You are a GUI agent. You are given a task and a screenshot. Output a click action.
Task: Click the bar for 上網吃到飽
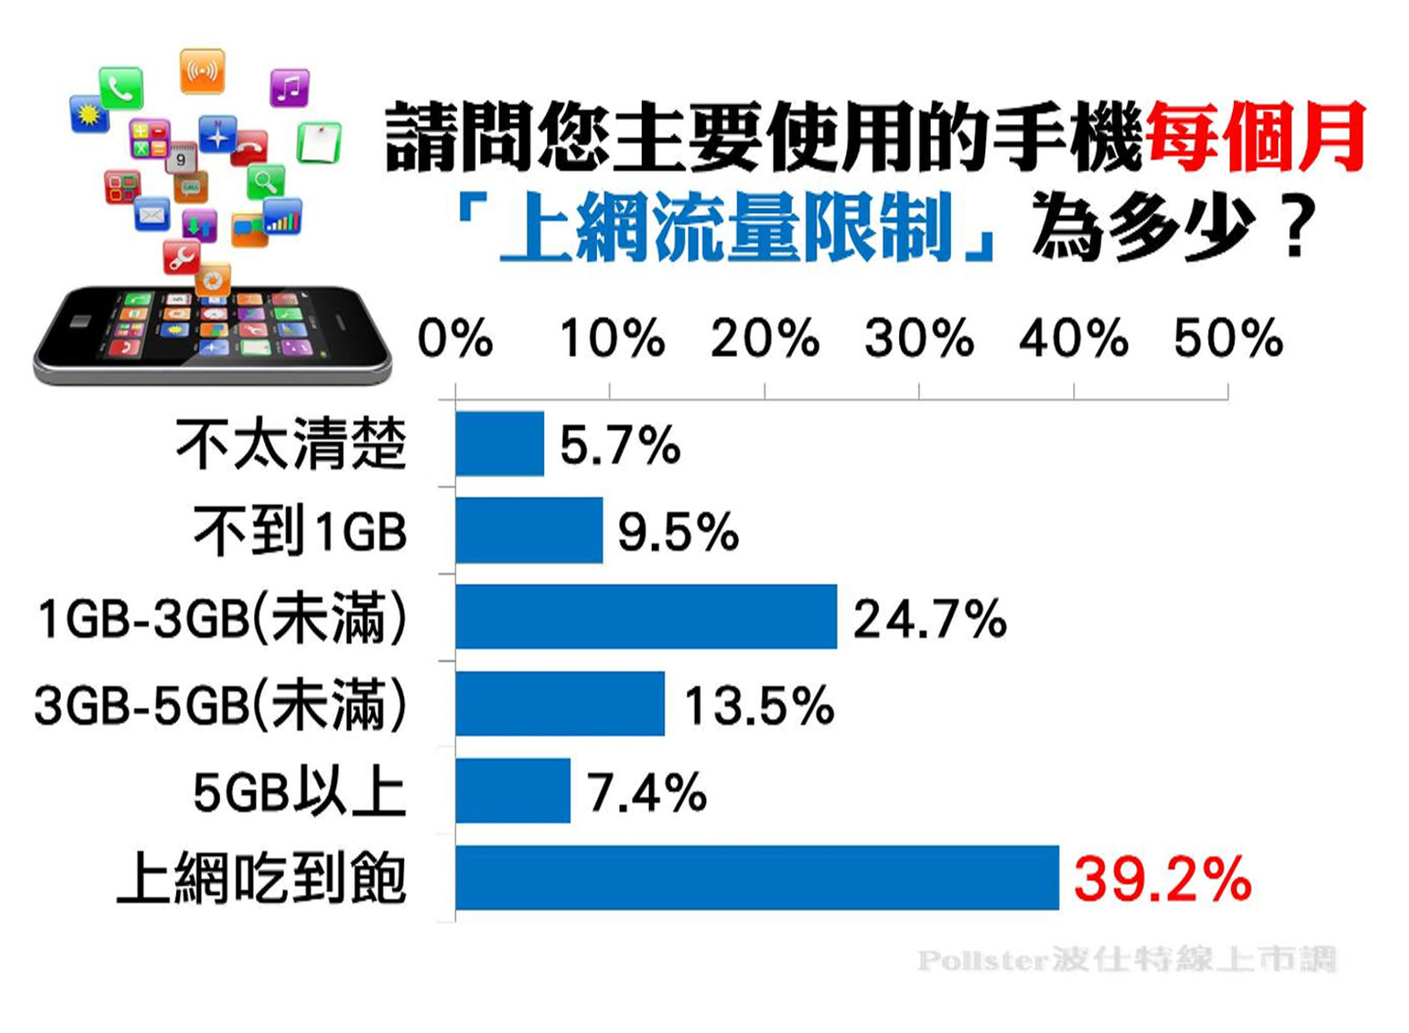pyautogui.click(x=756, y=878)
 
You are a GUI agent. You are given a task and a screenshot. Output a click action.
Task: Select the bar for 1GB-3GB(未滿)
pyautogui.click(x=645, y=616)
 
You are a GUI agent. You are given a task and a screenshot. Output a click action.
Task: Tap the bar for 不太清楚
pyautogui.click(x=499, y=444)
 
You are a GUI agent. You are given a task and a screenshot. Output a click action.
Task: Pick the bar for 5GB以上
pyautogui.click(x=513, y=791)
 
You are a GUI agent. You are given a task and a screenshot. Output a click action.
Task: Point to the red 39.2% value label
pyautogui.click(x=1162, y=879)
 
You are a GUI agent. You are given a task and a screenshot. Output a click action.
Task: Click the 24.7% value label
pyautogui.click(x=929, y=618)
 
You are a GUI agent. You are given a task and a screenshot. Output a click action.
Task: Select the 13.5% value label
pyautogui.click(x=759, y=705)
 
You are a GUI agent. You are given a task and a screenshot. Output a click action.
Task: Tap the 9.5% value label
pyautogui.click(x=678, y=532)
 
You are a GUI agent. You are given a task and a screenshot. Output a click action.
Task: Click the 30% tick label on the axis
pyautogui.click(x=918, y=339)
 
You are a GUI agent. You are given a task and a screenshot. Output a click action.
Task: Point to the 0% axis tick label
pyautogui.click(x=454, y=339)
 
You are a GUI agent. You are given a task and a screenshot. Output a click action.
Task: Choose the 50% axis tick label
pyautogui.click(x=1228, y=339)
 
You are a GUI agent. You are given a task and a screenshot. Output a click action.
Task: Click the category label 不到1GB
pyautogui.click(x=300, y=531)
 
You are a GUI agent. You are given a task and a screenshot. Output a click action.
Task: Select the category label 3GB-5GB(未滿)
pyautogui.click(x=220, y=705)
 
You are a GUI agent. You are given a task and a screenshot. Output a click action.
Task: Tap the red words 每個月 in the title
pyautogui.click(x=1256, y=137)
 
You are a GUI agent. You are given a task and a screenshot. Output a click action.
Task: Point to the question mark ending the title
pyautogui.click(x=1295, y=227)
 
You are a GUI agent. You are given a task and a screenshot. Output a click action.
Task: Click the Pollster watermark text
pyautogui.click(x=1126, y=959)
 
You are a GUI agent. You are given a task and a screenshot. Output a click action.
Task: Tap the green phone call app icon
pyautogui.click(x=121, y=87)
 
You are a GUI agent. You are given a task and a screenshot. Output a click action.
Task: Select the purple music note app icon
pyautogui.click(x=289, y=88)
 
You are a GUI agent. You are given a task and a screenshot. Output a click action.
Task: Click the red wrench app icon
pyautogui.click(x=182, y=256)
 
